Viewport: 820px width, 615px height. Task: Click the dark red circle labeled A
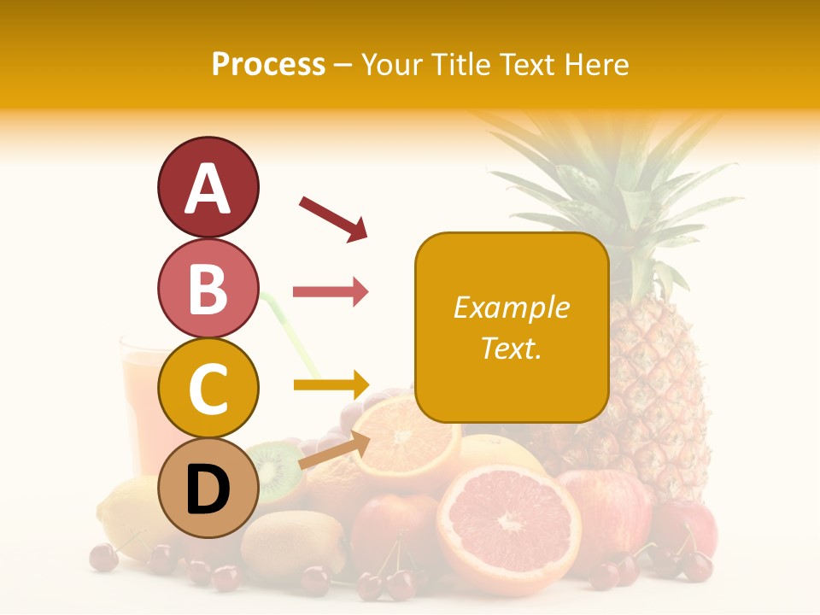(x=208, y=187)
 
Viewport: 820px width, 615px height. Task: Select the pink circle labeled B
(x=208, y=289)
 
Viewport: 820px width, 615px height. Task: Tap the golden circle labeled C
(x=208, y=388)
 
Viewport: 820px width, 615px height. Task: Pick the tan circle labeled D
(x=208, y=489)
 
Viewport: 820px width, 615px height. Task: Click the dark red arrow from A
(x=333, y=218)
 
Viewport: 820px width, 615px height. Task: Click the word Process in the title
(x=268, y=64)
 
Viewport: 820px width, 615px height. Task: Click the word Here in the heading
(x=597, y=64)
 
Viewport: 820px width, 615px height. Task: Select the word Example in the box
(x=511, y=307)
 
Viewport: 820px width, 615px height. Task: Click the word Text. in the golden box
(x=511, y=348)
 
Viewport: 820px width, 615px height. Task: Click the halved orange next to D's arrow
(x=408, y=440)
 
